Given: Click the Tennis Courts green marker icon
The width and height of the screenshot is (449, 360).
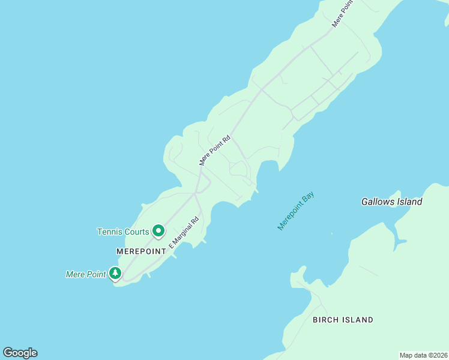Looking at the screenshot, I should point(158,230).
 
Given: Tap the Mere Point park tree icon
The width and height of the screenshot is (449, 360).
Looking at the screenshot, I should point(115,274).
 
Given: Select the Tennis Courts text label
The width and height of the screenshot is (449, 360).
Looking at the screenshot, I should point(123,232).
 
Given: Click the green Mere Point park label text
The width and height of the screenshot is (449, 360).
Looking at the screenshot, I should point(85,274).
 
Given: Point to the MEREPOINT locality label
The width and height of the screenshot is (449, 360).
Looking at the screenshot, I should point(140,251).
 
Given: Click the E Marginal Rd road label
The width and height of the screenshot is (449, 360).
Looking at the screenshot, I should point(184,233).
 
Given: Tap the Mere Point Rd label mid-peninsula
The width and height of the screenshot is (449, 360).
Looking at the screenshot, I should point(215,151).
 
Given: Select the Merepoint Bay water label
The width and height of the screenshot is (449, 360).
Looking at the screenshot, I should point(296,211).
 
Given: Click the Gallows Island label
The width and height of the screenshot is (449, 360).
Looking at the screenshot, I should point(391,202).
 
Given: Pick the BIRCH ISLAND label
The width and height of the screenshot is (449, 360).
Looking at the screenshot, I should point(343,320).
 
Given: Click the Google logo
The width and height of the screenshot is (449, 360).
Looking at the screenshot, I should point(20,353).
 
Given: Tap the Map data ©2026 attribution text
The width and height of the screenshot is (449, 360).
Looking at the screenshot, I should point(423,355).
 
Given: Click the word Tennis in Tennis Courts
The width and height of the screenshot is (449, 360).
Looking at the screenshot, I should point(109,232).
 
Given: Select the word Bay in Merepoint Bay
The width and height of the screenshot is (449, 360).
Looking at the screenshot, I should point(309,197).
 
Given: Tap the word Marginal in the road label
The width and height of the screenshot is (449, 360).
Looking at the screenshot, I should point(185,231).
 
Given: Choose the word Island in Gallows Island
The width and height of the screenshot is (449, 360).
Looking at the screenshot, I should point(409,202).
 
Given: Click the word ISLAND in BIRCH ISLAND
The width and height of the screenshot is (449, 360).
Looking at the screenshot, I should point(358,320).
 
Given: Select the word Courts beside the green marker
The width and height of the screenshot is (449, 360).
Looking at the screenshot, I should point(136,232).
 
